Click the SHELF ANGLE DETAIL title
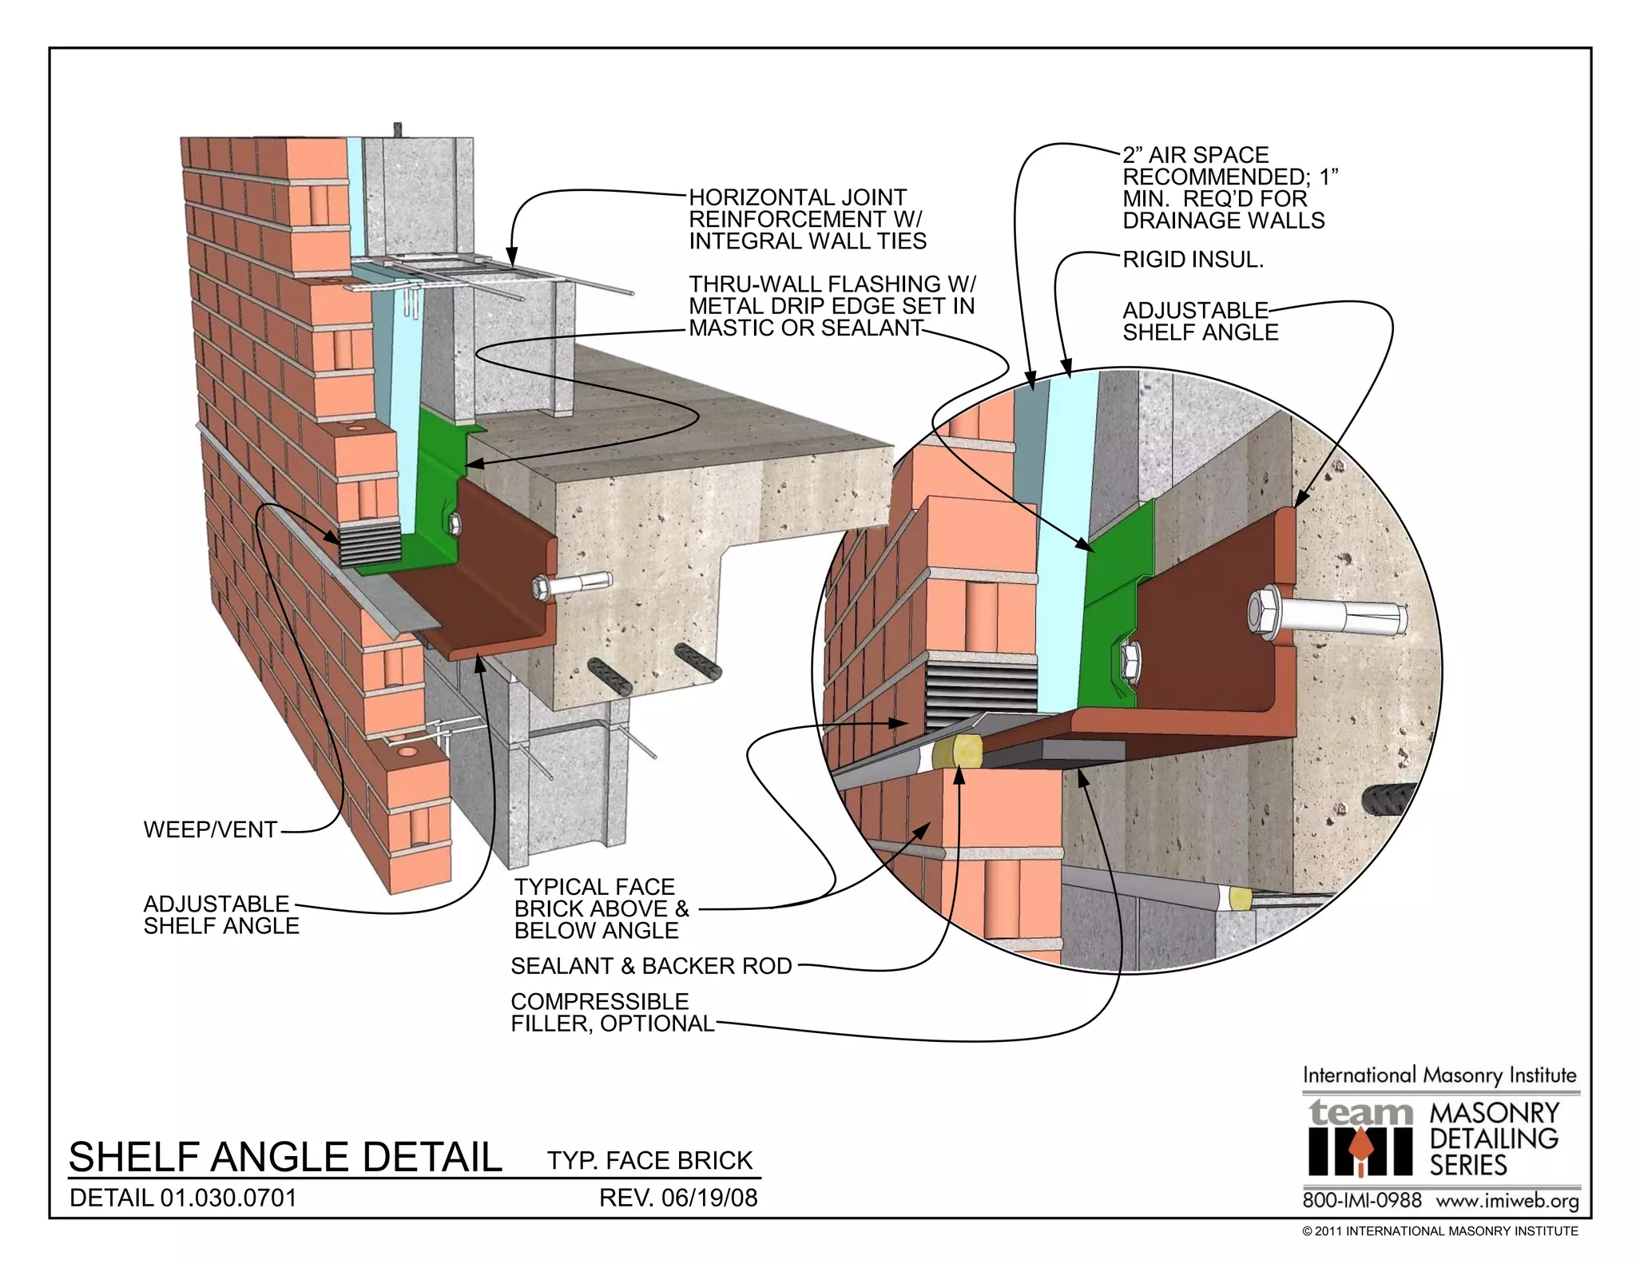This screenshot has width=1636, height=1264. click(285, 1157)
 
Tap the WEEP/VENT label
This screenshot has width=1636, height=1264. click(210, 830)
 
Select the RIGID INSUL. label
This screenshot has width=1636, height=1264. click(1193, 260)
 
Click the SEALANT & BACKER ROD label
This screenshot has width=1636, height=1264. click(651, 966)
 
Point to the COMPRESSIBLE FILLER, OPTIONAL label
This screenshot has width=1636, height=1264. click(612, 1012)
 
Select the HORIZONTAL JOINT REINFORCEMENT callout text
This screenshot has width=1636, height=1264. click(807, 219)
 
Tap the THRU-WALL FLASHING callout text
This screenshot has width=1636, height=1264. click(832, 306)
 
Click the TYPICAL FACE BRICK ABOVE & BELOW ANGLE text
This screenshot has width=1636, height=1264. click(601, 908)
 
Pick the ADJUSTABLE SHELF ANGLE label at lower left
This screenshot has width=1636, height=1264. click(221, 915)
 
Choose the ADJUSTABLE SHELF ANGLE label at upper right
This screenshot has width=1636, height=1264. click(1200, 321)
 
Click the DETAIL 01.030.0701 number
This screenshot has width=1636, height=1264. click(183, 1198)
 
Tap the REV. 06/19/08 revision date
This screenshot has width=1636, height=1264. click(677, 1198)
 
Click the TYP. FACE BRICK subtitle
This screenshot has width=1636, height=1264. click(649, 1160)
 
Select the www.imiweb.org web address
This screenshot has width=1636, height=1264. click(1507, 1201)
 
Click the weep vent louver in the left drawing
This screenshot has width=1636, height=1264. click(368, 543)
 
